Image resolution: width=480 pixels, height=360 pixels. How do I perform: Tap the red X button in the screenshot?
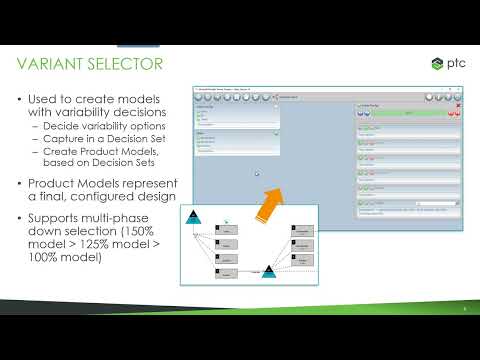(x=459, y=105)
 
